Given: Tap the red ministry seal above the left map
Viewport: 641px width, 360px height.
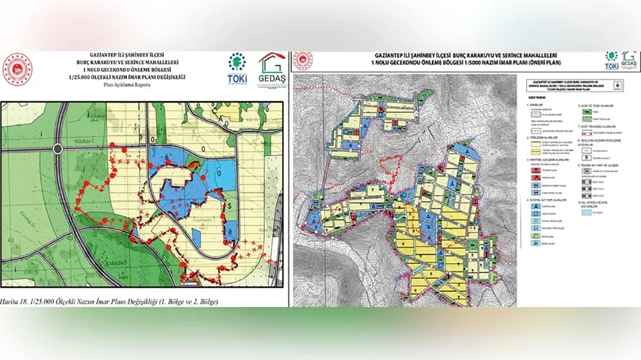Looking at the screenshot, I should click(18, 69).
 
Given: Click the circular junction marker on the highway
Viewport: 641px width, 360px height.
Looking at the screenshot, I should click(58, 148).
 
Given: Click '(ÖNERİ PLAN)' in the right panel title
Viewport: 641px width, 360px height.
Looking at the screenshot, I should click(549, 63).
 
